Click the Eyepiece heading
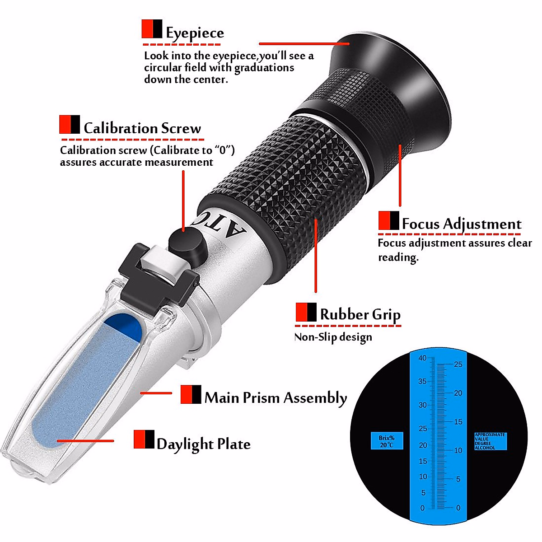(x=195, y=33)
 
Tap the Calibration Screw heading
(x=142, y=128)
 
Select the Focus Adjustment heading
(x=461, y=224)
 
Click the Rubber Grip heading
(x=360, y=314)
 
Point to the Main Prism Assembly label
(x=276, y=397)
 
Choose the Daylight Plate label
(x=203, y=444)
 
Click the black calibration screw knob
(x=185, y=244)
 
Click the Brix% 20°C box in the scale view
(x=387, y=441)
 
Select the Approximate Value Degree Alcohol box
(x=490, y=441)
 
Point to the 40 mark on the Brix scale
(x=422, y=358)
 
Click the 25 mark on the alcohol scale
(x=458, y=364)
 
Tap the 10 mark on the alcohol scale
(x=458, y=450)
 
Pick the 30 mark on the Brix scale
(x=422, y=405)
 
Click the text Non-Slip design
(x=333, y=337)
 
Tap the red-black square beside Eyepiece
(x=152, y=28)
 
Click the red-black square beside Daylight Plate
(x=144, y=439)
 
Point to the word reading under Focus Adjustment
(x=398, y=257)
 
